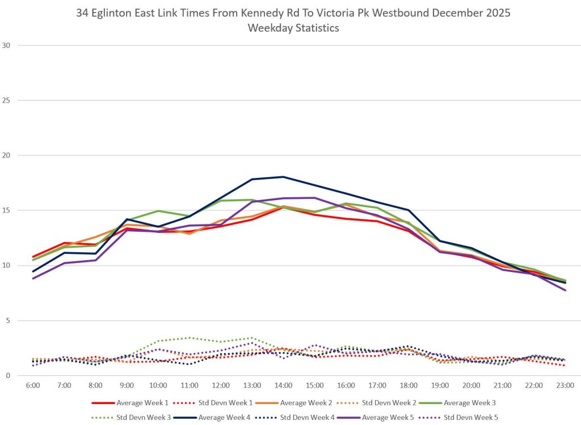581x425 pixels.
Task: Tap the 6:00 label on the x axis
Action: point(33,385)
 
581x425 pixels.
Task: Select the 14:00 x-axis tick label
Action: point(284,385)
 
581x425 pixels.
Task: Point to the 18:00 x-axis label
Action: point(409,385)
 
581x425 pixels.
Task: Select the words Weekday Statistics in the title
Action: point(293,28)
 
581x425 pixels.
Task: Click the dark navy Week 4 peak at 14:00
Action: point(284,177)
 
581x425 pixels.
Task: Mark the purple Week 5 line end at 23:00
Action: point(565,290)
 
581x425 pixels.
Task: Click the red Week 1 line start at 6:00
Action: point(33,257)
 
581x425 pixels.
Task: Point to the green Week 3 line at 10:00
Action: point(158,211)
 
